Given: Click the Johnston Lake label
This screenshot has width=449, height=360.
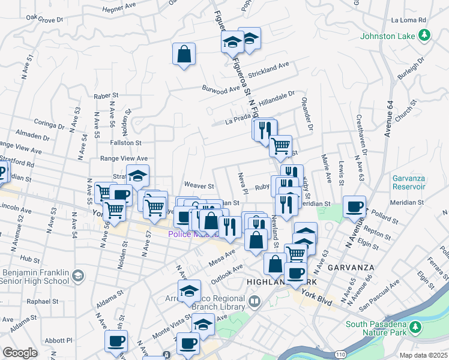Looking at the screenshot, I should [388, 36].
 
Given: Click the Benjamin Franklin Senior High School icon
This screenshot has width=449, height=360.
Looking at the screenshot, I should [77, 276].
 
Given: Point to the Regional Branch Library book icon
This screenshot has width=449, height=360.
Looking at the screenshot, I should [255, 301].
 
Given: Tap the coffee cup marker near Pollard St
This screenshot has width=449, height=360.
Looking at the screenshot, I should [354, 206].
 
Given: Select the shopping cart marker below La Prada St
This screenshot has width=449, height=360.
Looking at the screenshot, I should [280, 146].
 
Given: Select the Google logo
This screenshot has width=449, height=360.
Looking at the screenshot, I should [19, 353].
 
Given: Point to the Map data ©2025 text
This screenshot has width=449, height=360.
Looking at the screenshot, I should [423, 355].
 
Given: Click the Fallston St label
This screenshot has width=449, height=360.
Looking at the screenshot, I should [125, 143].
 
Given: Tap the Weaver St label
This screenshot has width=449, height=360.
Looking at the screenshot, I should [199, 187].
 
